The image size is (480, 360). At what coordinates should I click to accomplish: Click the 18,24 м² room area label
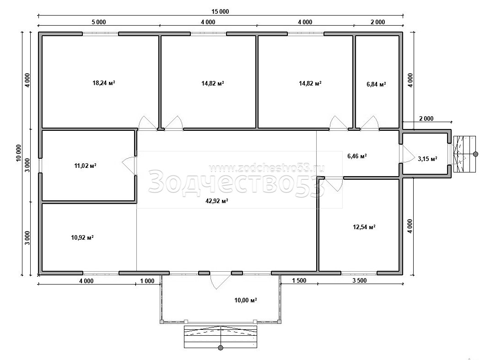pyautogui.click(x=104, y=83)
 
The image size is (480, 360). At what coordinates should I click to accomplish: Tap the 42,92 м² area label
pyautogui.click(x=217, y=201)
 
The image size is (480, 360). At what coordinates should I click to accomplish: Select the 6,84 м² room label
pyautogui.click(x=376, y=84)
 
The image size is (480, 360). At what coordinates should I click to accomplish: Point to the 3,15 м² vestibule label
pyautogui.click(x=427, y=159)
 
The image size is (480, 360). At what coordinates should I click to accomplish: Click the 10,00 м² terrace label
pyautogui.click(x=246, y=301)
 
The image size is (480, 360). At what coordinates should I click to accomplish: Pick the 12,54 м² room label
pyautogui.click(x=364, y=227)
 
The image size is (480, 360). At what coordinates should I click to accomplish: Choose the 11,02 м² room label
pyautogui.click(x=85, y=166)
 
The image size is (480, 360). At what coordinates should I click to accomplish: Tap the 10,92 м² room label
pyautogui.click(x=82, y=237)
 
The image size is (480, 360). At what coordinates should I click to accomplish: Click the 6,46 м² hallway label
pyautogui.click(x=357, y=156)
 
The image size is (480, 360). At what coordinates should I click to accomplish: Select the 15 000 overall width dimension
pyautogui.click(x=220, y=11)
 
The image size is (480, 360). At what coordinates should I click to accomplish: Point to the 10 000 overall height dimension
pyautogui.click(x=19, y=153)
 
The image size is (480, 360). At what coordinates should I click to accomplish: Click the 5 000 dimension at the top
pyautogui.click(x=98, y=22)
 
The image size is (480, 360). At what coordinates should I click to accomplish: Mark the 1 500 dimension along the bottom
pyautogui.click(x=299, y=281)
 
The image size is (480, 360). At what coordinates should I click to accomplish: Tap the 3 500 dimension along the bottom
pyautogui.click(x=359, y=281)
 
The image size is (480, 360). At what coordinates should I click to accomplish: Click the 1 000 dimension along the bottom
pyautogui.click(x=147, y=281)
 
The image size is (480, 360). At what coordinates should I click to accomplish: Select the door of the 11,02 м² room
pyautogui.click(x=129, y=166)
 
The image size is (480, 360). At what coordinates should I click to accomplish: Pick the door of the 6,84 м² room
pyautogui.click(x=370, y=123)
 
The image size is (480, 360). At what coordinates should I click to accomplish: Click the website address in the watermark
pyautogui.click(x=266, y=168)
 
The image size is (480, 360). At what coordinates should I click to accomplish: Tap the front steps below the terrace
pyautogui.click(x=221, y=337)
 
